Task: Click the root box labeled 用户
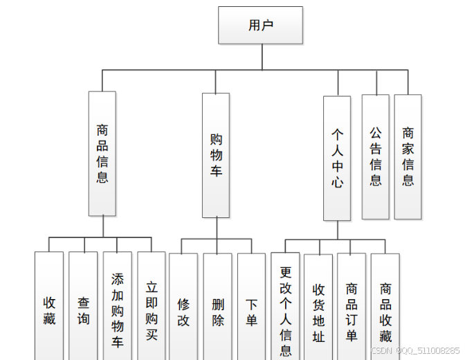(x=260, y=26)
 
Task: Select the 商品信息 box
(x=102, y=153)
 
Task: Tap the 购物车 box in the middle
(x=216, y=155)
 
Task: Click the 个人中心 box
(x=337, y=157)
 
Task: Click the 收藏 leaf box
(x=49, y=308)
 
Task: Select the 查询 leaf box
(x=83, y=308)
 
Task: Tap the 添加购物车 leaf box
(x=117, y=308)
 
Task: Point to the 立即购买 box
(x=151, y=308)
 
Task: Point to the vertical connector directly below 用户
(x=262, y=57)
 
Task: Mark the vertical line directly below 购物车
(x=216, y=228)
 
